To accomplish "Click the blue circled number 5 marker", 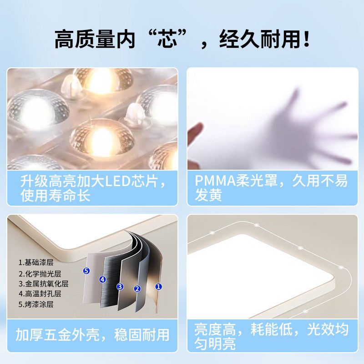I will point(87,271).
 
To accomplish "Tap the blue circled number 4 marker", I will point(103,279).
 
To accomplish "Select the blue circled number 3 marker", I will point(120,286).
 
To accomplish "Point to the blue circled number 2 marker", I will point(137,288).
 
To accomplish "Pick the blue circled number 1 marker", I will point(158,286).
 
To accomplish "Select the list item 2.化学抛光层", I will point(40,274).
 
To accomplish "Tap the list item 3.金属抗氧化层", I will point(43,284).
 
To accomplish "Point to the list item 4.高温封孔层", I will point(40,294).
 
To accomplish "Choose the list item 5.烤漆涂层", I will point(36,304).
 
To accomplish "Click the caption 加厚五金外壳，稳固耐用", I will point(92,336).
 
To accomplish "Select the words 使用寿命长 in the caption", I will point(56,196).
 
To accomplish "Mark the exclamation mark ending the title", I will point(306,39).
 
